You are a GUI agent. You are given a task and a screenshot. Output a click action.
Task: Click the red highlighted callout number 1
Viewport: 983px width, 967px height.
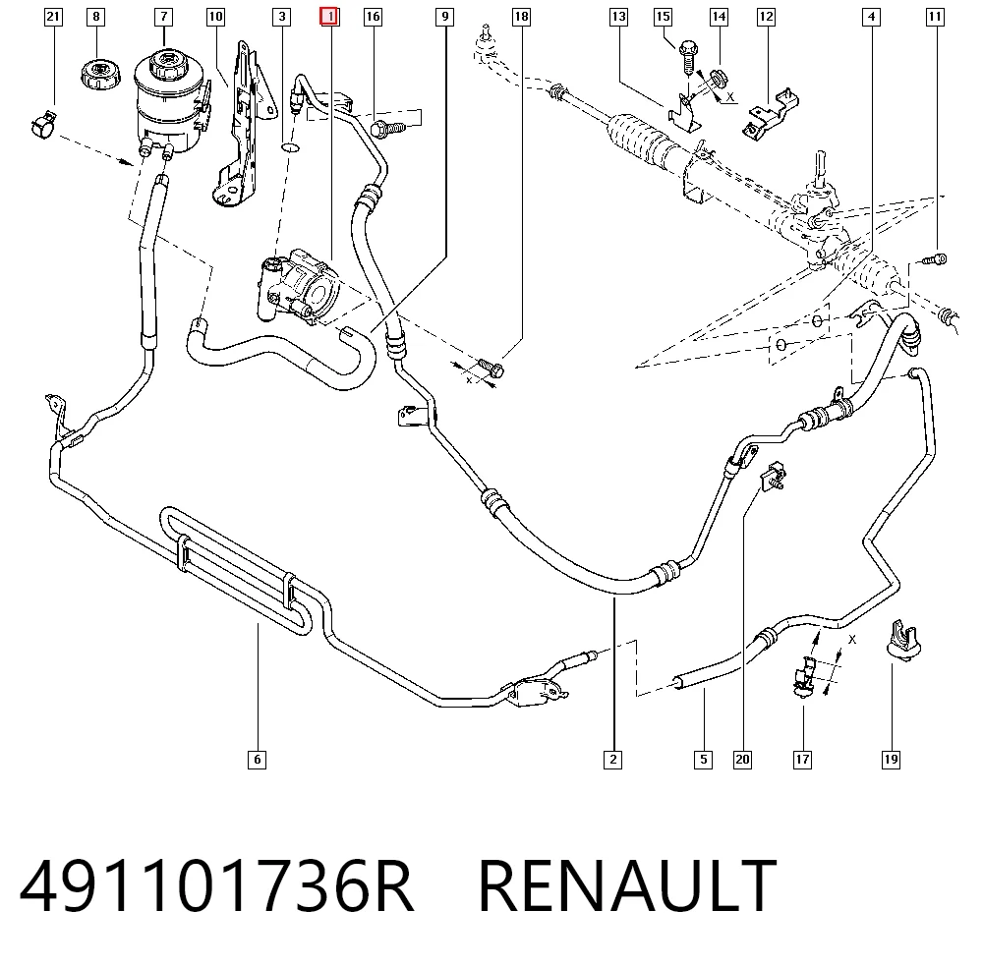[329, 17]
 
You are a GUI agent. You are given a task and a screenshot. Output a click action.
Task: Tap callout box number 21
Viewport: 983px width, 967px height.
[53, 17]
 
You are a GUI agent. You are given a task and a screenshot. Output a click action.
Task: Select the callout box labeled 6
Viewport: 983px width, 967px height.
[257, 760]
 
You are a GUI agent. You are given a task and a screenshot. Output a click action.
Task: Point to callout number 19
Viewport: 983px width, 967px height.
[891, 760]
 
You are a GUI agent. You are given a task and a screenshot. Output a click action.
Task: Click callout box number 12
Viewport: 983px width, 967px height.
[766, 17]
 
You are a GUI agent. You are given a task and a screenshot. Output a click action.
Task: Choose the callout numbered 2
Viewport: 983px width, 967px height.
[613, 760]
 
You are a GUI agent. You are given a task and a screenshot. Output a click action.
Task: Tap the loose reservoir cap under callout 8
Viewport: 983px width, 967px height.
[99, 74]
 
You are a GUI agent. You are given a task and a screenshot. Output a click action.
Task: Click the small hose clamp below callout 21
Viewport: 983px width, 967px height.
[43, 124]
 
